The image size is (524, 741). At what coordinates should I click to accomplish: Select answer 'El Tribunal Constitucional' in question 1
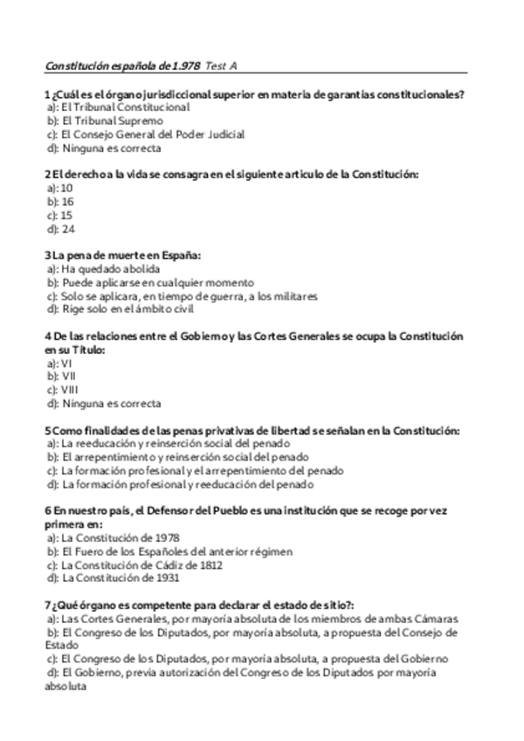125,107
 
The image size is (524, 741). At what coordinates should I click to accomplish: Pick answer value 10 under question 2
67,188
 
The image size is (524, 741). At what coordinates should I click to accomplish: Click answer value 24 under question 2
67,229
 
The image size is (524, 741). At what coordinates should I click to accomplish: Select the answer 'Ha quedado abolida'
110,269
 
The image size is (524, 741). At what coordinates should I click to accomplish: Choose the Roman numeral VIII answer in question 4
70,391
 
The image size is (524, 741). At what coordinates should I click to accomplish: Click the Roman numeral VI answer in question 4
66,364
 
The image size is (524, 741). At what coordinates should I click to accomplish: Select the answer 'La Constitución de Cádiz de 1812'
141,565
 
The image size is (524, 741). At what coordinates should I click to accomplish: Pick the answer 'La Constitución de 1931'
120,578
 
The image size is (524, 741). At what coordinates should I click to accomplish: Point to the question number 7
46,605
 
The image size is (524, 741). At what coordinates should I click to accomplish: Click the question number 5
46,431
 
